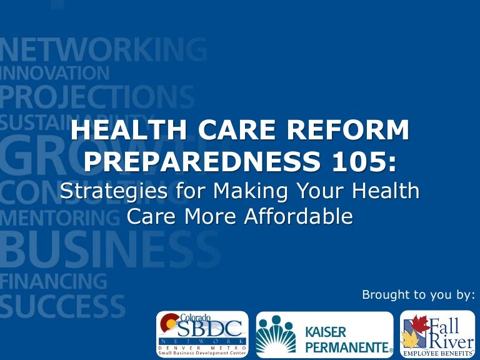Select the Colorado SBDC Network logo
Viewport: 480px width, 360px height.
pyautogui.click(x=201, y=334)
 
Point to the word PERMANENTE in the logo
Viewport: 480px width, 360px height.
pyautogui.click(x=346, y=346)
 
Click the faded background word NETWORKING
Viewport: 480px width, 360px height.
pyautogui.click(x=103, y=49)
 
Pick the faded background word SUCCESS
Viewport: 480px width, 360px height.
pyautogui.click(x=62, y=306)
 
